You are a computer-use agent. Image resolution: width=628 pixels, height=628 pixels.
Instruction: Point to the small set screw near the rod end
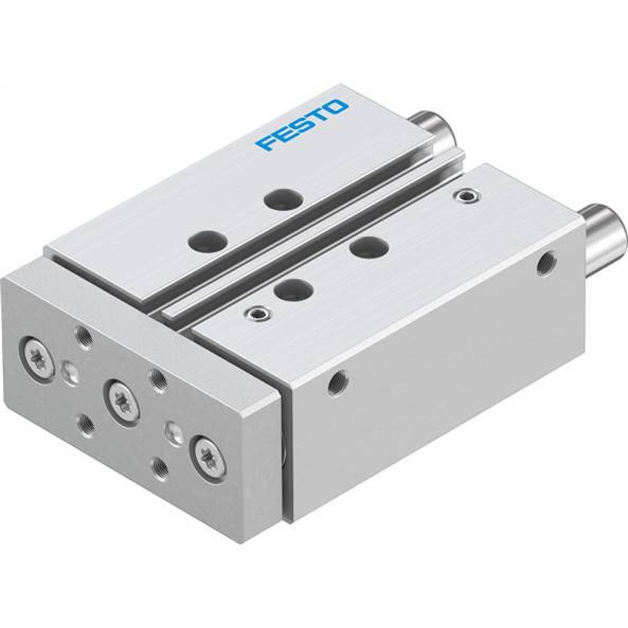coord(465,197)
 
